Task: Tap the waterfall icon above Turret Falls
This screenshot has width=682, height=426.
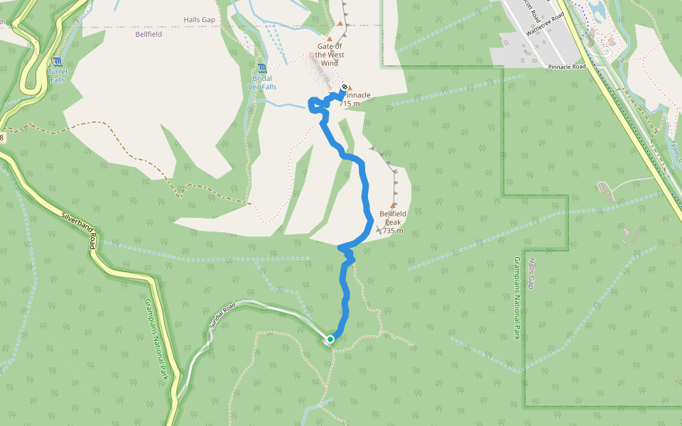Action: click(x=57, y=62)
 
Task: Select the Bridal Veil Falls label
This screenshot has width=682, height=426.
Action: click(x=261, y=82)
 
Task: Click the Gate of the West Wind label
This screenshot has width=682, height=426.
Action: click(x=330, y=55)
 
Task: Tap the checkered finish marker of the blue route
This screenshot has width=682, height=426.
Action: click(x=345, y=88)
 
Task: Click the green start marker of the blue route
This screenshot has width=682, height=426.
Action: click(x=330, y=339)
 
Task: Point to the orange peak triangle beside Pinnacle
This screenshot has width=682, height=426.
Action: click(x=350, y=88)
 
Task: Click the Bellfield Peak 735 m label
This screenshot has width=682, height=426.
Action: click(x=393, y=222)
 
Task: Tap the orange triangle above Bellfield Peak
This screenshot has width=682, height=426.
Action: click(x=393, y=205)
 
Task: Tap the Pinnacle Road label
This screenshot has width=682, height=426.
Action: click(x=567, y=67)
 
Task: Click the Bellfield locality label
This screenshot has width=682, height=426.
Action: click(x=148, y=33)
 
